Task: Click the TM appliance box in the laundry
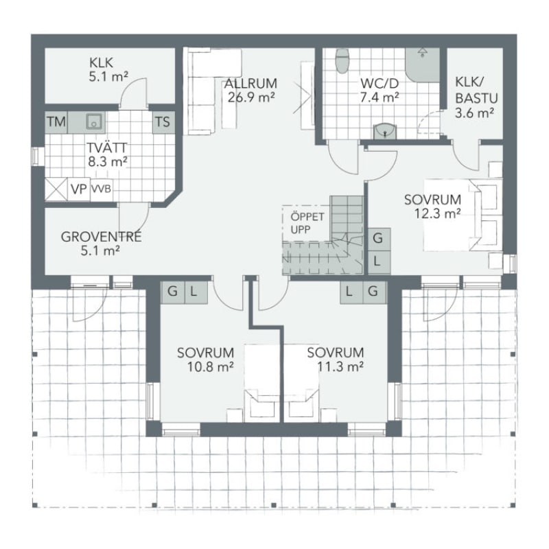tap(56, 122)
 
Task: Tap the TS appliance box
tap(163, 122)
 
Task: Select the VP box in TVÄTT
tap(79, 189)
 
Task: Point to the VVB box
tap(102, 189)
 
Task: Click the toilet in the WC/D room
tap(342, 61)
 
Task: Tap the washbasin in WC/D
tap(385, 130)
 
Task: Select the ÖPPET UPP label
tap(303, 223)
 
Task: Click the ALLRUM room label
tap(250, 83)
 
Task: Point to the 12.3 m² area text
tap(437, 213)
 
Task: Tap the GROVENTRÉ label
tap(101, 237)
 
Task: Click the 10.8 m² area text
tap(211, 366)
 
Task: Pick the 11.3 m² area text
tap(340, 366)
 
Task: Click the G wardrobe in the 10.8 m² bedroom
tap(172, 292)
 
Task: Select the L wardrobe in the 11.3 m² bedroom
tap(351, 292)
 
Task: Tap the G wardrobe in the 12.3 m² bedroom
tap(379, 240)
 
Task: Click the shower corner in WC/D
tap(422, 65)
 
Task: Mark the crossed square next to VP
tap(56, 189)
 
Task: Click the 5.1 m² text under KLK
tap(108, 76)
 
